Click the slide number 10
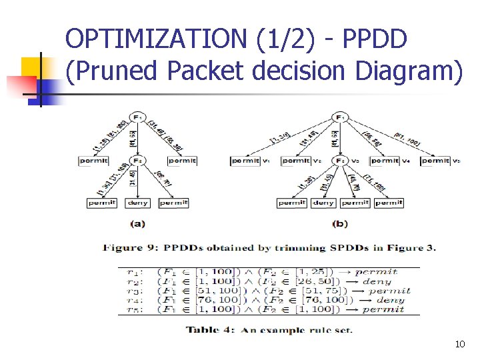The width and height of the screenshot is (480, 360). click(x=459, y=344)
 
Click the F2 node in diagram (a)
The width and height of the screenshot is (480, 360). click(x=137, y=160)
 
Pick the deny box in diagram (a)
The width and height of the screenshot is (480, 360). click(x=137, y=203)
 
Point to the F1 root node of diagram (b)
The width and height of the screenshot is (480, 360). click(x=341, y=117)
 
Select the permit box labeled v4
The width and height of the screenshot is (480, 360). click(x=385, y=161)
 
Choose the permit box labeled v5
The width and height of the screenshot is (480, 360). click(x=436, y=161)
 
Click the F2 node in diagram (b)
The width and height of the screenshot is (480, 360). click(x=341, y=161)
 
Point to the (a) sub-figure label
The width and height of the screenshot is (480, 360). click(x=137, y=224)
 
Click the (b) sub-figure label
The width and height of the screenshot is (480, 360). click(x=339, y=224)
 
